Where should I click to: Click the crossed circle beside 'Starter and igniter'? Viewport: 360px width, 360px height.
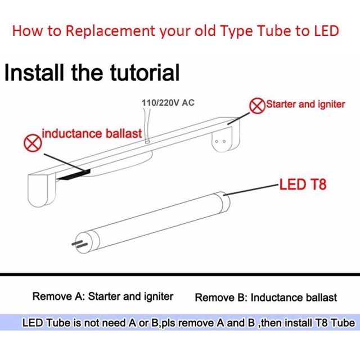(x=257, y=106)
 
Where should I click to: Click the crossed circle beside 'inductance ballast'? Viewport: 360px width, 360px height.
(x=33, y=143)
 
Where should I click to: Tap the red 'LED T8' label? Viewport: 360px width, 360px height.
(x=303, y=184)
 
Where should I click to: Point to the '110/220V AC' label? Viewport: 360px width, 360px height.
(x=168, y=102)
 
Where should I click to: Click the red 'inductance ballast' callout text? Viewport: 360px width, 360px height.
(x=92, y=133)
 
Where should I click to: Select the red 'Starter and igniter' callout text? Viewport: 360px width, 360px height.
(x=305, y=105)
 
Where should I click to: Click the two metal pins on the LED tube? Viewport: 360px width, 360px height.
(x=78, y=244)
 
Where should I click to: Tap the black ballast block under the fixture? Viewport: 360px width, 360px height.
(x=74, y=175)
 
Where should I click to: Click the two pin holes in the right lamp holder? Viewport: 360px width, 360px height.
(x=220, y=141)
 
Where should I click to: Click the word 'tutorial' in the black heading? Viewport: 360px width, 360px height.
(x=145, y=73)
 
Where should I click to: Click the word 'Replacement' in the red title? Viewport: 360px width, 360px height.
(x=110, y=31)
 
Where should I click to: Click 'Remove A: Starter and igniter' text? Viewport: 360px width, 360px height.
(x=102, y=296)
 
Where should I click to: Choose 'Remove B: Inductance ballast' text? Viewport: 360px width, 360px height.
(x=266, y=298)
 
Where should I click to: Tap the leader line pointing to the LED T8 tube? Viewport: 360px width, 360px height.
(x=251, y=190)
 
